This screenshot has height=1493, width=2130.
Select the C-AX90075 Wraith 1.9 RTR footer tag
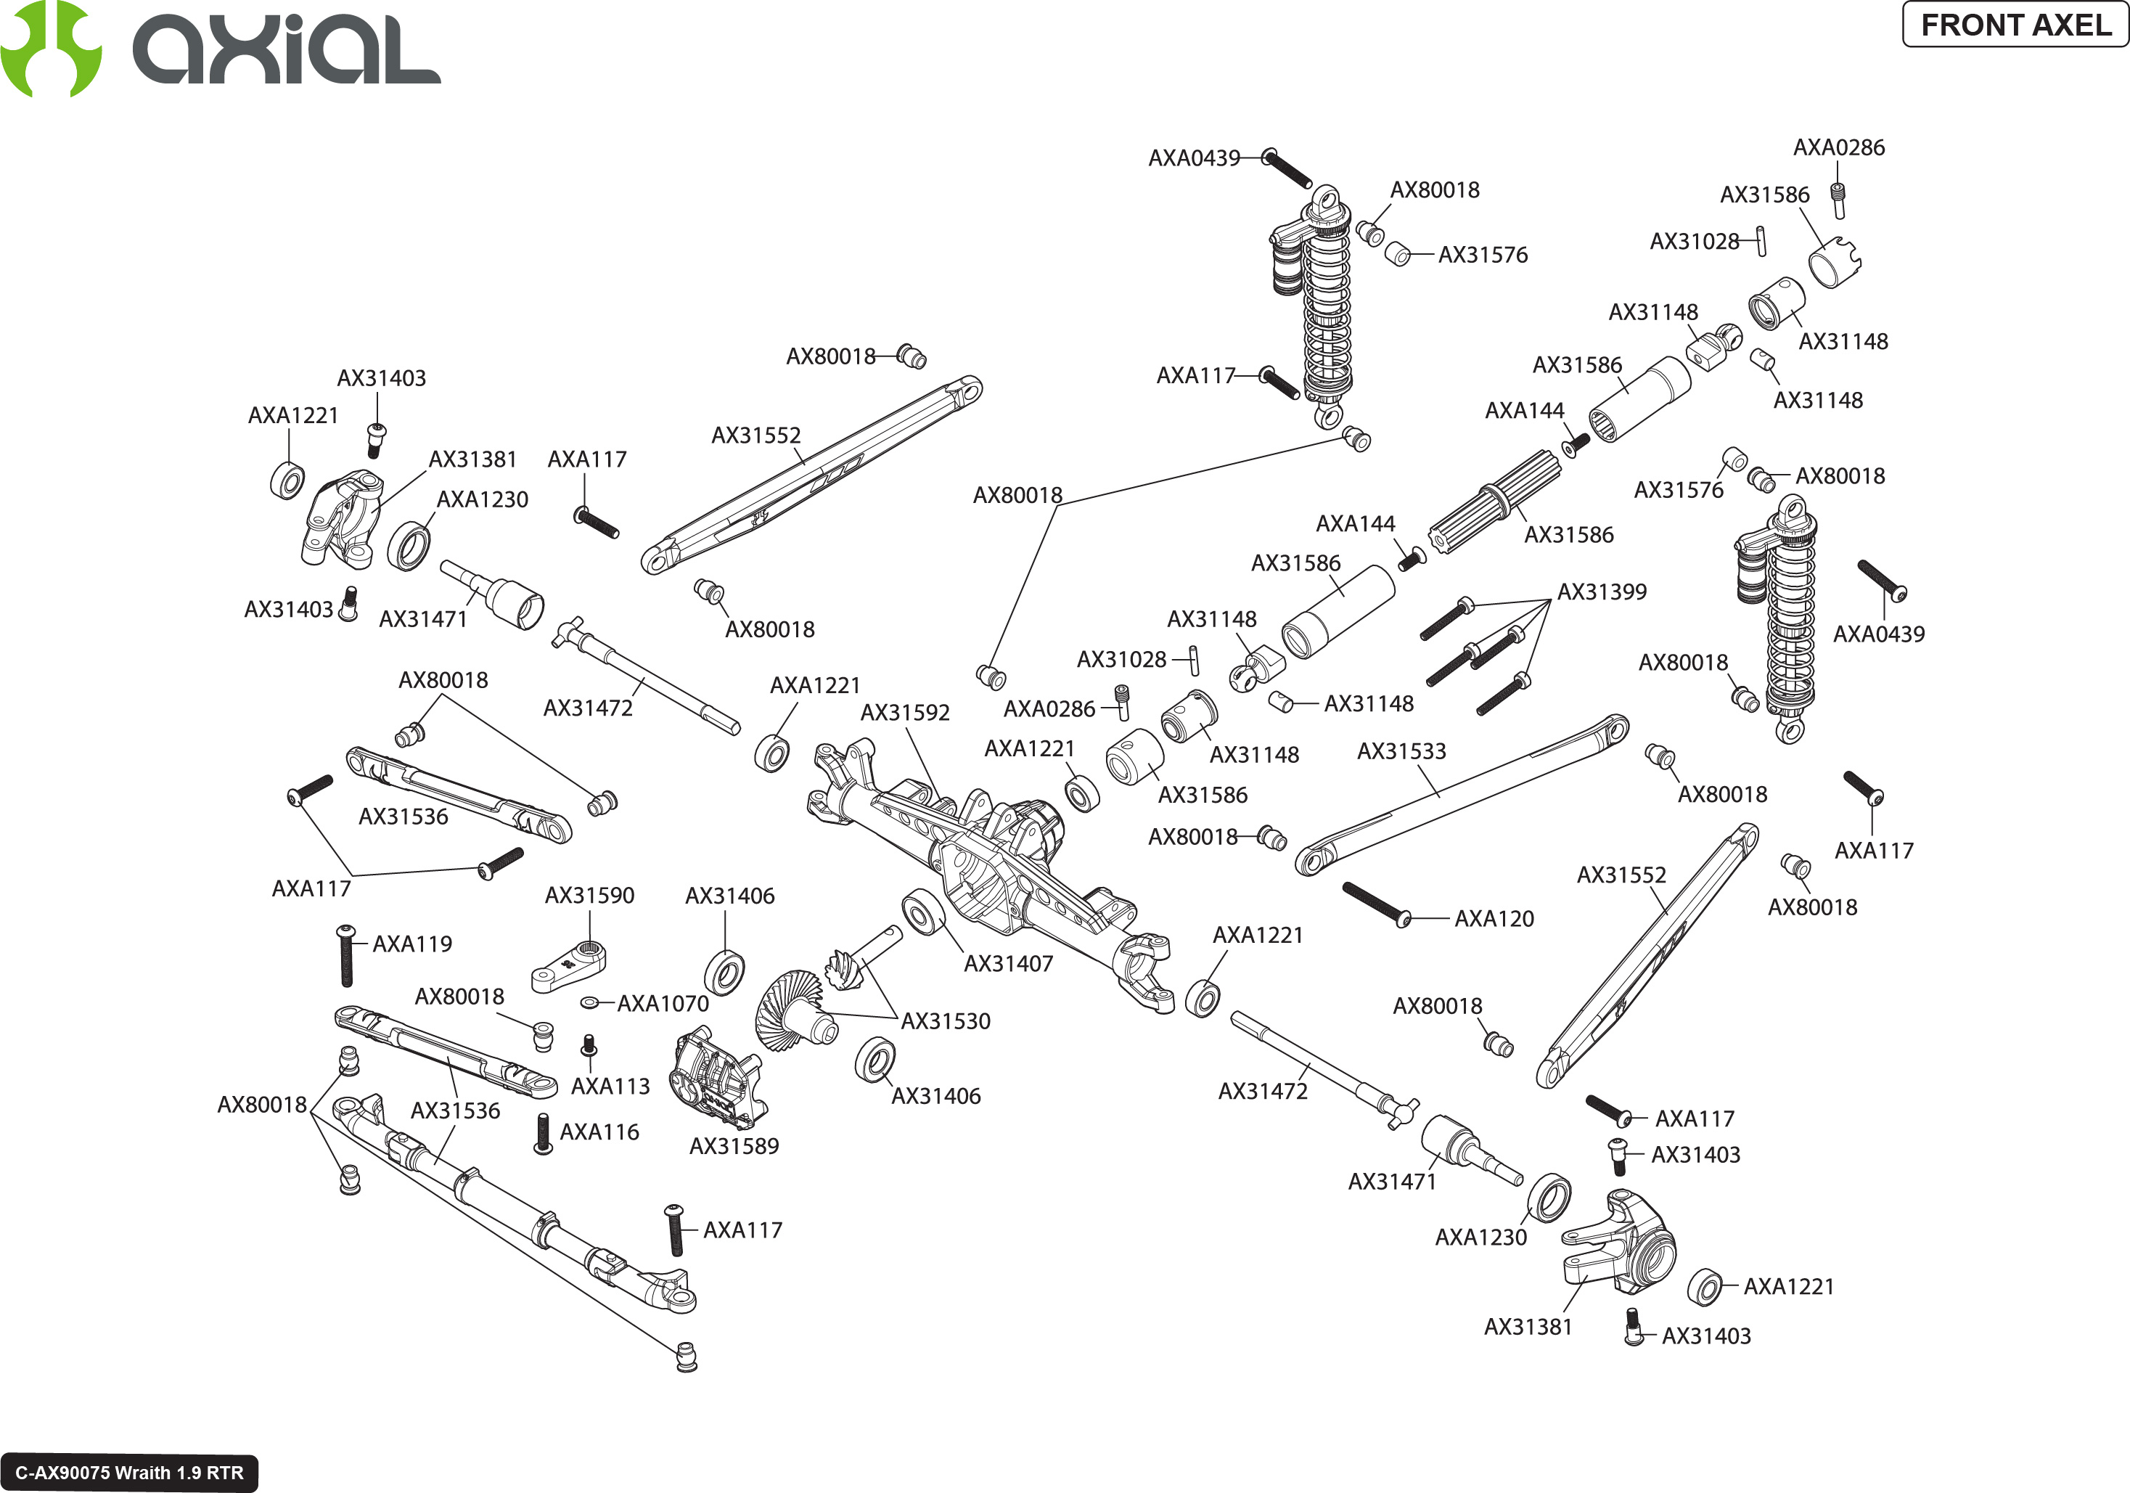tap(129, 1473)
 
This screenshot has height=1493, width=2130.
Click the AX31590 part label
tap(589, 896)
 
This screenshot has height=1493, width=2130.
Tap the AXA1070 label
tap(663, 1003)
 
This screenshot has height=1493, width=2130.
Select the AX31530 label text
tap(946, 1020)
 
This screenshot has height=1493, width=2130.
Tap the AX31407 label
tap(1009, 963)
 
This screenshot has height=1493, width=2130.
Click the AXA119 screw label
tap(412, 944)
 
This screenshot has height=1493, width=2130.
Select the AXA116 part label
tap(599, 1132)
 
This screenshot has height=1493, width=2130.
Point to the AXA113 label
tap(610, 1086)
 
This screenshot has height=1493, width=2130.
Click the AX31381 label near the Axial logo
tap(472, 459)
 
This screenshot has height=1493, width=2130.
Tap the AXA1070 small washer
tap(588, 1003)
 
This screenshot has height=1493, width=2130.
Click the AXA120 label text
tap(1494, 919)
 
